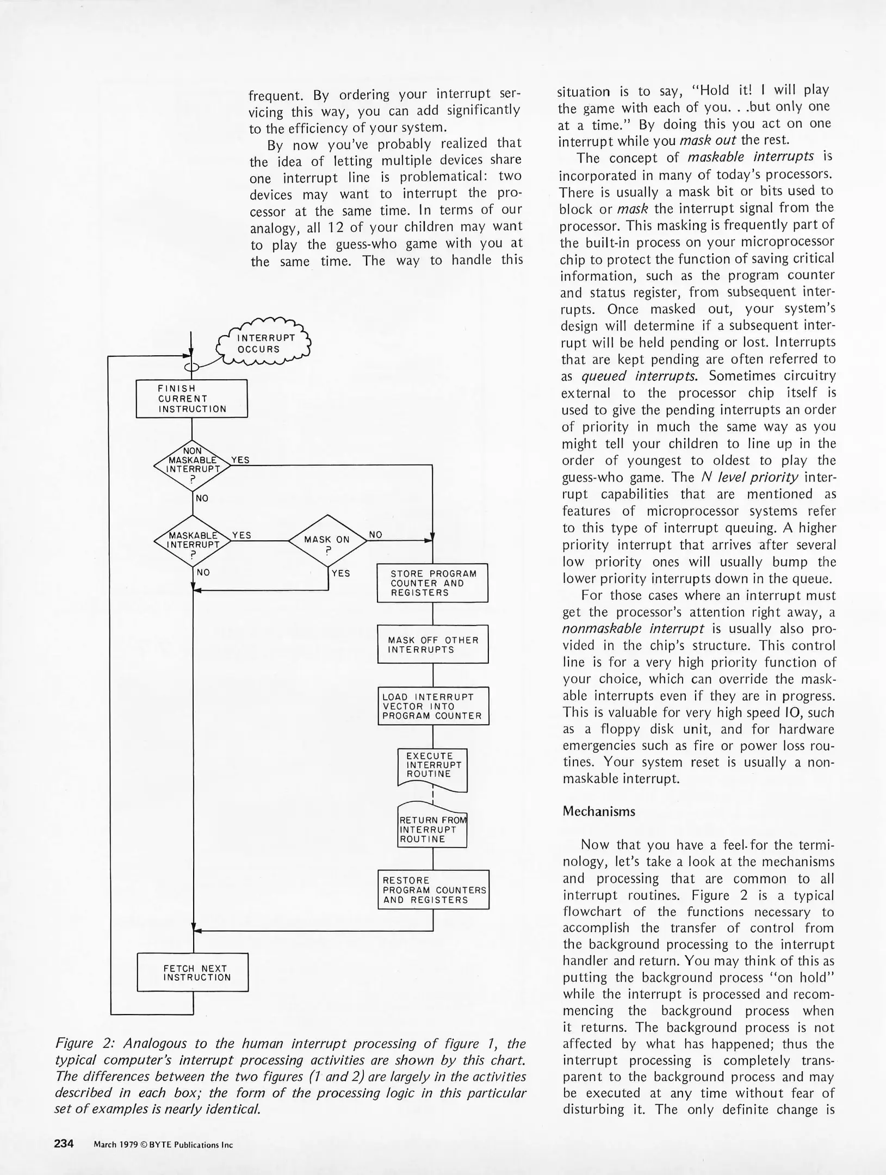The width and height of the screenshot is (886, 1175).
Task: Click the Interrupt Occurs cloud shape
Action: pos(264,343)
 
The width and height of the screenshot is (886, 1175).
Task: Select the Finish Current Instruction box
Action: pos(191,399)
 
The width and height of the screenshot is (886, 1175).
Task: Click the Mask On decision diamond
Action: pos(327,540)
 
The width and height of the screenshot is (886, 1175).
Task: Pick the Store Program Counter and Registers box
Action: pos(432,583)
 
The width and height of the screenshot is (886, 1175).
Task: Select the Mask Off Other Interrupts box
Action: pos(432,645)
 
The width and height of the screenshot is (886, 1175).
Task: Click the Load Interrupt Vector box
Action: pos(433,706)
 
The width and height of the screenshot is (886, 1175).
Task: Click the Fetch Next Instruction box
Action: pos(193,973)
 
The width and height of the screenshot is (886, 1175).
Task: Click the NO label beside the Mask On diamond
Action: pos(375,535)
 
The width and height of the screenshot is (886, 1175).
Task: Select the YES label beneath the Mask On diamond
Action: pos(340,573)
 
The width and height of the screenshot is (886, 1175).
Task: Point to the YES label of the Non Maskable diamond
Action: pos(240,460)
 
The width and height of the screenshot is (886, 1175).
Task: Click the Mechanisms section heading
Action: pos(599,812)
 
